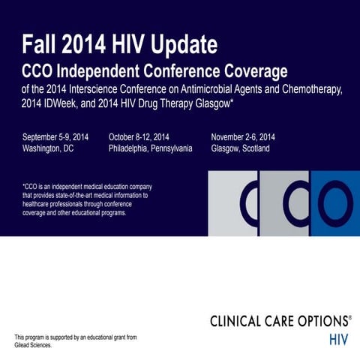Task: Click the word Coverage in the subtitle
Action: click(252, 72)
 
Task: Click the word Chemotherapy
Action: click(310, 90)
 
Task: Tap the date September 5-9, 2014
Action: click(55, 136)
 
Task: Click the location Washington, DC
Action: click(49, 148)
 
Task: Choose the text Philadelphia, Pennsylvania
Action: click(150, 148)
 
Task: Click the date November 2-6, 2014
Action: click(243, 136)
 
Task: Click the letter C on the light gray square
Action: click(247, 202)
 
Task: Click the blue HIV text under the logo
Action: click(339, 338)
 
